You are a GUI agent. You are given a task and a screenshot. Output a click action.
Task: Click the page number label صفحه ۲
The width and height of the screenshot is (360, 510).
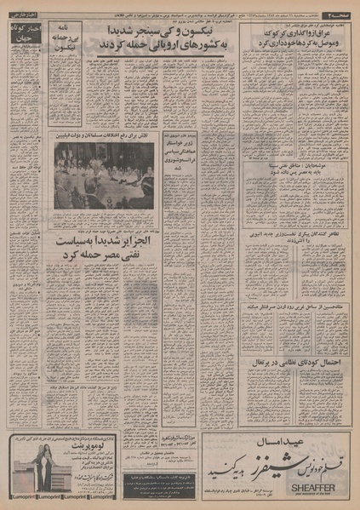(x=341, y=17)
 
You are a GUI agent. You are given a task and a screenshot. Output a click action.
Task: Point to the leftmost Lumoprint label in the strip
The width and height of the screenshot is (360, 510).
(x=20, y=492)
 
